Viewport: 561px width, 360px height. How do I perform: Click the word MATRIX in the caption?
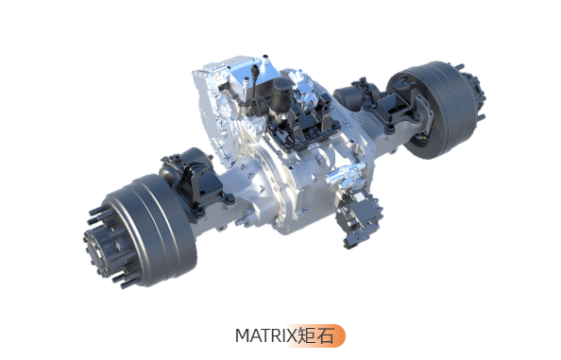pos(265,336)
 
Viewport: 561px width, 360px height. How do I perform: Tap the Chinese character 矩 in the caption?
pos(306,335)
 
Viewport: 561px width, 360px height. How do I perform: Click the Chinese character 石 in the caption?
pos(325,335)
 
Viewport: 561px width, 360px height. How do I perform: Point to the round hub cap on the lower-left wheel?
pos(96,249)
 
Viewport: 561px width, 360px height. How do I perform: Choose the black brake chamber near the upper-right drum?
pos(354,94)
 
